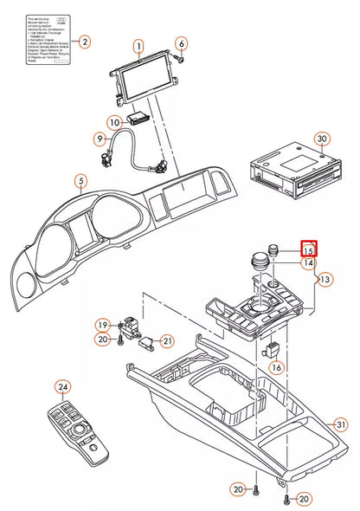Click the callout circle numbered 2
(x=84, y=41)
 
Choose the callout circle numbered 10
(x=114, y=122)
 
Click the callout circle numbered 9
(x=100, y=139)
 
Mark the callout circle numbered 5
(x=80, y=182)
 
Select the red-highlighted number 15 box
(x=308, y=249)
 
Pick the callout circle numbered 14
(x=307, y=262)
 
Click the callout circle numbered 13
(x=324, y=280)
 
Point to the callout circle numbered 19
(x=103, y=326)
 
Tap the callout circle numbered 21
(x=167, y=340)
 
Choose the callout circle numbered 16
(x=277, y=367)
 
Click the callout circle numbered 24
(x=62, y=386)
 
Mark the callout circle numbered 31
(x=341, y=424)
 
